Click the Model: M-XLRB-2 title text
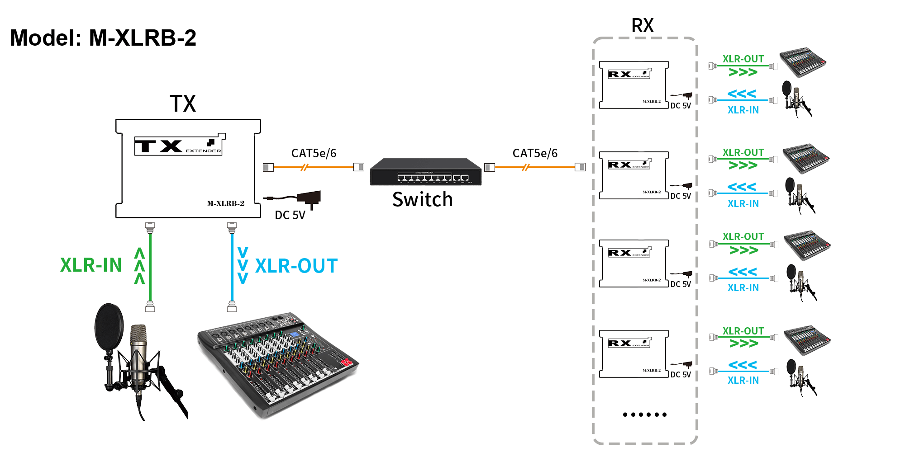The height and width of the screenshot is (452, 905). pyautogui.click(x=103, y=38)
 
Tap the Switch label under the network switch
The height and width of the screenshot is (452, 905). pyautogui.click(x=422, y=200)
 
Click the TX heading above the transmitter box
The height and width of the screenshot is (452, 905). pyautogui.click(x=183, y=104)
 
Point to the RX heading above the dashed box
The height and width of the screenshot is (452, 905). pyautogui.click(x=643, y=26)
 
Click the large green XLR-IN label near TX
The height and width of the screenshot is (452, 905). pyautogui.click(x=91, y=265)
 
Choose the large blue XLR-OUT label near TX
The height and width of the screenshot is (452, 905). pyautogui.click(x=296, y=266)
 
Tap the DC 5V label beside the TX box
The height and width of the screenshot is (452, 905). pyautogui.click(x=290, y=215)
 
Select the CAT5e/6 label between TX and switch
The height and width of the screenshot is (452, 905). pyautogui.click(x=314, y=154)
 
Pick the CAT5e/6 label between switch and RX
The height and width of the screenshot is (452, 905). pyautogui.click(x=535, y=154)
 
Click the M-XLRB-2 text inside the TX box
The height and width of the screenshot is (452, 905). pyautogui.click(x=225, y=204)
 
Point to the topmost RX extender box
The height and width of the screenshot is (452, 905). pyautogui.click(x=633, y=85)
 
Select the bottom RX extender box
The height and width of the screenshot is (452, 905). pyautogui.click(x=633, y=354)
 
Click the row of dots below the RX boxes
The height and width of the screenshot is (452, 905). pyautogui.click(x=644, y=414)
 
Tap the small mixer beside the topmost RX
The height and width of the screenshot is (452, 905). pyautogui.click(x=803, y=62)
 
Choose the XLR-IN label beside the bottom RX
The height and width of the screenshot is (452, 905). pyautogui.click(x=743, y=381)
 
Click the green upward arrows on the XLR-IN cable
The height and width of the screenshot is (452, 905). pyautogui.click(x=139, y=266)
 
